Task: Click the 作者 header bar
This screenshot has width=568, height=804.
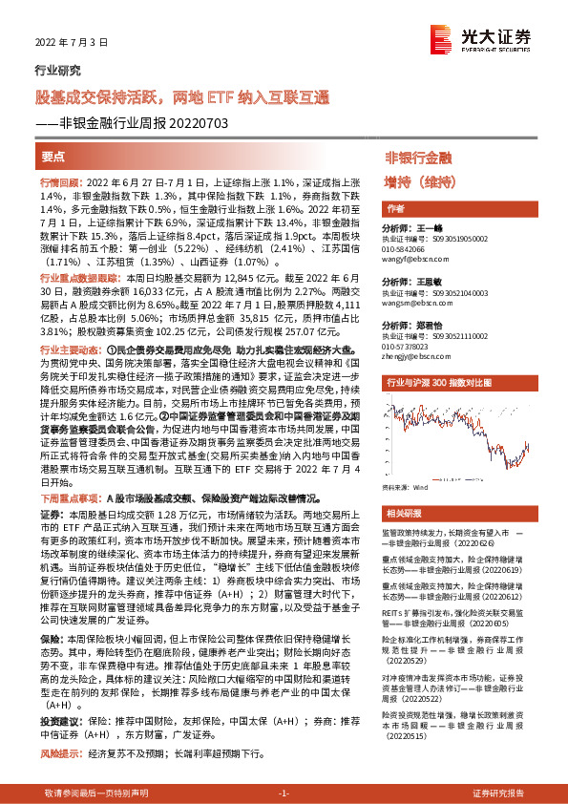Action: (395, 208)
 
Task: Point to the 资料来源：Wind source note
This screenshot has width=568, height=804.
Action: (406, 488)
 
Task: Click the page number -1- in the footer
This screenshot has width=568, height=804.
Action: (284, 794)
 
